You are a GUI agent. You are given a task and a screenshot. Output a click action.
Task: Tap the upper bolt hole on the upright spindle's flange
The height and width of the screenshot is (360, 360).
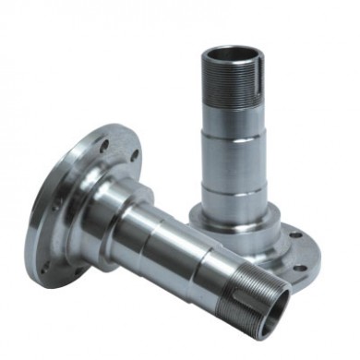(x=294, y=235)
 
